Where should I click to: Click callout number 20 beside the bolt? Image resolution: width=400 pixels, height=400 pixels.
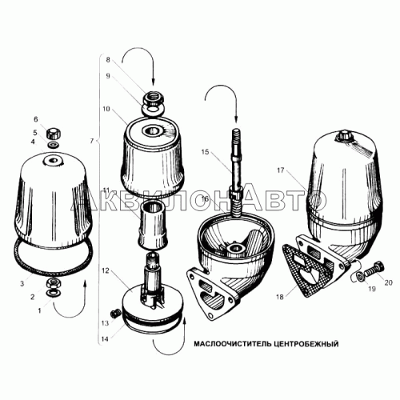389,282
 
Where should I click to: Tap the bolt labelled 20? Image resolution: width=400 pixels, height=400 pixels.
374,269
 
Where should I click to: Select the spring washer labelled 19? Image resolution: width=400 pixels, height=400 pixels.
359,277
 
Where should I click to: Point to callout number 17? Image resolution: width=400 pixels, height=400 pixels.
281,170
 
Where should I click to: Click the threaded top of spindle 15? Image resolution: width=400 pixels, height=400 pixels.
237,137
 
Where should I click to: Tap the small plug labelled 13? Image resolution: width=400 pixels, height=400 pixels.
115,313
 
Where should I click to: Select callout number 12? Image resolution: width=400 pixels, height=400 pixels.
106,270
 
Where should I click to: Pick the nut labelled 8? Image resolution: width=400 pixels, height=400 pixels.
154,99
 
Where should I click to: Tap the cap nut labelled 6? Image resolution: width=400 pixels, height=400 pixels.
54,133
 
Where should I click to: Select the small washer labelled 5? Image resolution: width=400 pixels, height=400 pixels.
54,145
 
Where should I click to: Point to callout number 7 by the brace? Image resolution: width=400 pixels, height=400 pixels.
91,141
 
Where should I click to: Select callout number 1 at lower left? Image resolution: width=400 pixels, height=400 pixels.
40,310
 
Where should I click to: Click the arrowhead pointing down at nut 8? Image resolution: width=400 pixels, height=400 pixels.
153,82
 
